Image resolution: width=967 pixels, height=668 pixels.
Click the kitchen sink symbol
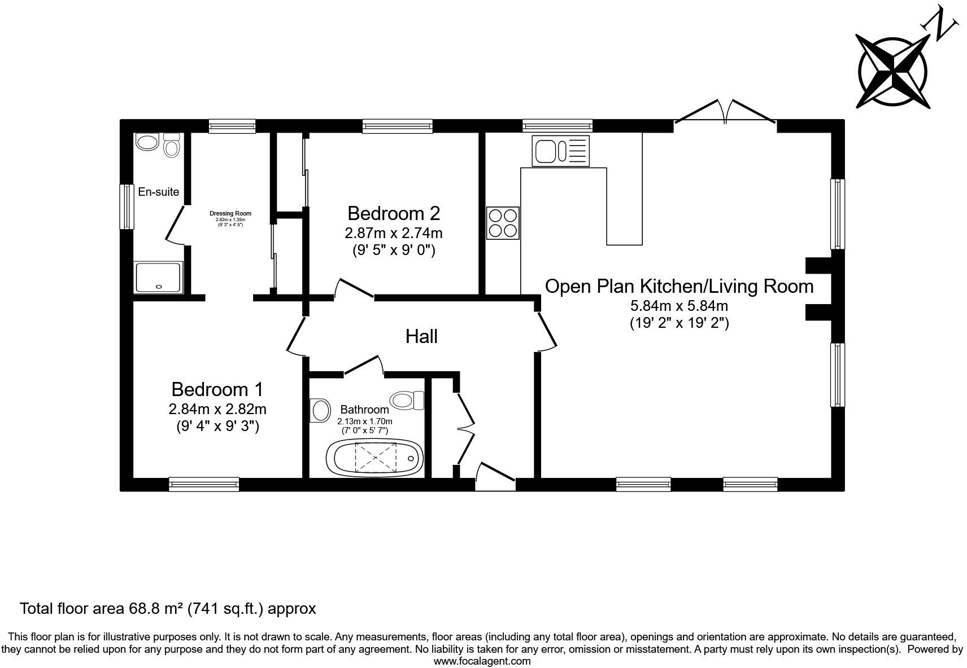(560, 151)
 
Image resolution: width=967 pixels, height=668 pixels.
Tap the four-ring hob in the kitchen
(503, 223)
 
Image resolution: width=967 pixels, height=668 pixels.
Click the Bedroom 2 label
(393, 213)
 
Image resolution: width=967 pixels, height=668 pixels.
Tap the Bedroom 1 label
(217, 389)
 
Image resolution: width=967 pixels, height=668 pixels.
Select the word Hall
(421, 337)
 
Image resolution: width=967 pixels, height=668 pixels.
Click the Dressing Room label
(230, 213)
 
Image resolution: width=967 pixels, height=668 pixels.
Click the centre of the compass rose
(892, 72)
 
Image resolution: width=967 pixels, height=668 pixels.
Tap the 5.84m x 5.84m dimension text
(679, 306)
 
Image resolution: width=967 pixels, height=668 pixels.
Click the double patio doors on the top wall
(726, 112)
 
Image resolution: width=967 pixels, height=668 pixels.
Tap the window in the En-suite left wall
(127, 206)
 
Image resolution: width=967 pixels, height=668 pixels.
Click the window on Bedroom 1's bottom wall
(204, 484)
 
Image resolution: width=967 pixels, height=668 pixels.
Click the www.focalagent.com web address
(482, 661)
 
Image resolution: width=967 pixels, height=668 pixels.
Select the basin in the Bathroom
(320, 410)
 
